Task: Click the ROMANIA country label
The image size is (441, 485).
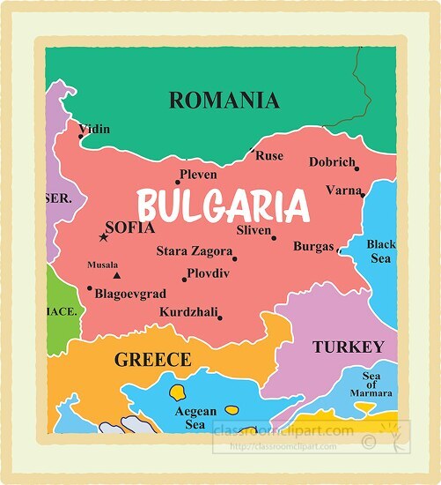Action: tap(224, 100)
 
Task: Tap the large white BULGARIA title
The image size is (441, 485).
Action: tap(224, 207)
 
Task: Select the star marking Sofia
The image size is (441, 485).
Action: tap(103, 236)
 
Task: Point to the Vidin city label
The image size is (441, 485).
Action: tap(94, 130)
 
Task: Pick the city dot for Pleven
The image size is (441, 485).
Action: tap(177, 183)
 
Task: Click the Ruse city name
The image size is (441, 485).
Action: tap(269, 156)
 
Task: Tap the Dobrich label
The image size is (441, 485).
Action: tap(332, 162)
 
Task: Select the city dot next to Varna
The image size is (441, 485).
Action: tap(363, 194)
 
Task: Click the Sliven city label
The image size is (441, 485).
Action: tap(254, 230)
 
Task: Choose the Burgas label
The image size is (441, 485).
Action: tap(313, 246)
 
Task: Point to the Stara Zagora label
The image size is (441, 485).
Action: tap(194, 251)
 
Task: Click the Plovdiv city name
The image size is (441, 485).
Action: tap(209, 273)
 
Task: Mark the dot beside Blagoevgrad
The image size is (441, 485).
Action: tap(89, 287)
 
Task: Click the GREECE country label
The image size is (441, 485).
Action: tap(152, 359)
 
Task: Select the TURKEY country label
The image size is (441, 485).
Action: tap(349, 347)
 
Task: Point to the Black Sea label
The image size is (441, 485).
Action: tap(381, 251)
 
